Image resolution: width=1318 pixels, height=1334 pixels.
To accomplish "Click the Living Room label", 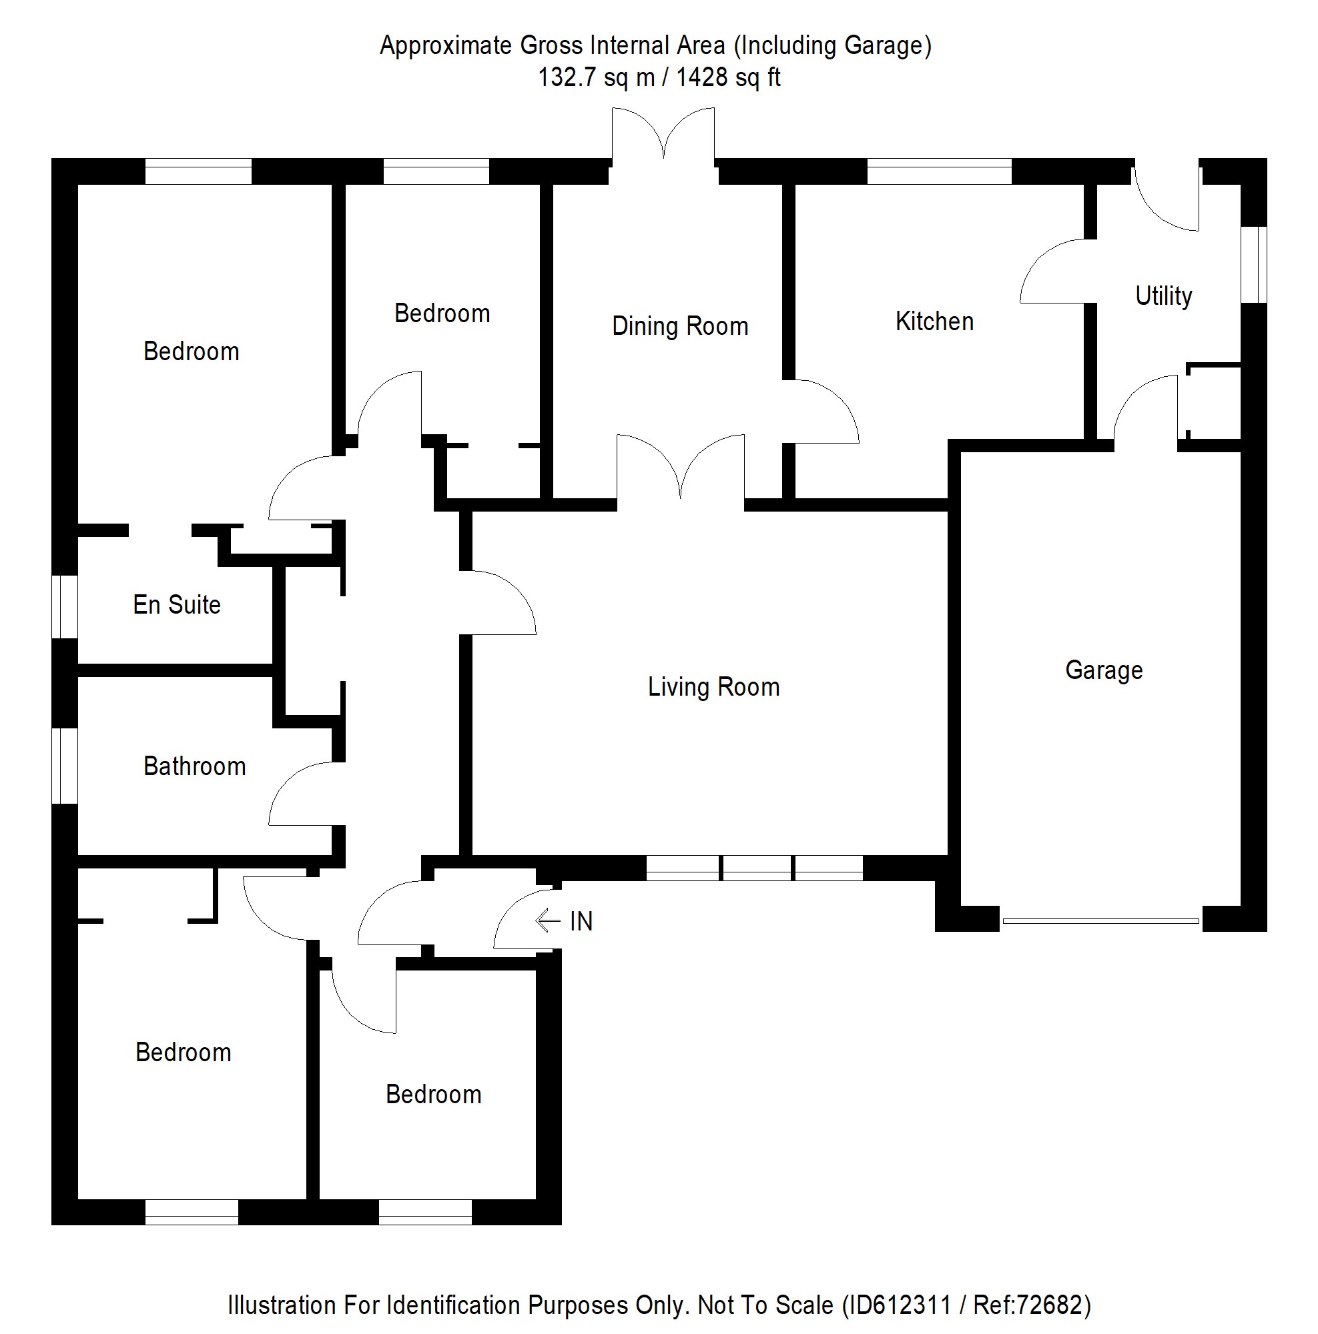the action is click(713, 687).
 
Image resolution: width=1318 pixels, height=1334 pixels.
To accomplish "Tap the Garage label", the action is click(1104, 670).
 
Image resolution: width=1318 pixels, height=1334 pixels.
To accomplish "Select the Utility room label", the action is click(1163, 295).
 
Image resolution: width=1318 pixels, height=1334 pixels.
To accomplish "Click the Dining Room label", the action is click(680, 326).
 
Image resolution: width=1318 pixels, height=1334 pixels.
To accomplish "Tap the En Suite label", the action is click(177, 605).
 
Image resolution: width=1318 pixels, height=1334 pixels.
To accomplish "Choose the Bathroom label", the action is click(194, 766).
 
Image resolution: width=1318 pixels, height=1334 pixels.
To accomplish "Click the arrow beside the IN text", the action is click(547, 920).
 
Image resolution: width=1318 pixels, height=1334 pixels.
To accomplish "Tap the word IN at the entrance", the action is click(581, 921).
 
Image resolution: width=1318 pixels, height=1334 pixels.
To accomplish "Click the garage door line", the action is click(1100, 920).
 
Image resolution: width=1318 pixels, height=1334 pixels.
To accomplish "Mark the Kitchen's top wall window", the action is click(939, 171).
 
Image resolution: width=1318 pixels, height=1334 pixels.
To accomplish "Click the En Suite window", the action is click(65, 607).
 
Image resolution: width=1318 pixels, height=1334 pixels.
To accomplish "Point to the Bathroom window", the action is click(65, 766).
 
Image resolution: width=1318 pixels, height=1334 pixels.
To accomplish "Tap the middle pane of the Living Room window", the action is click(756, 868).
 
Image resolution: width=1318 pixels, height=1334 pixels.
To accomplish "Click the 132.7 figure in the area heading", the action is click(567, 77).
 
